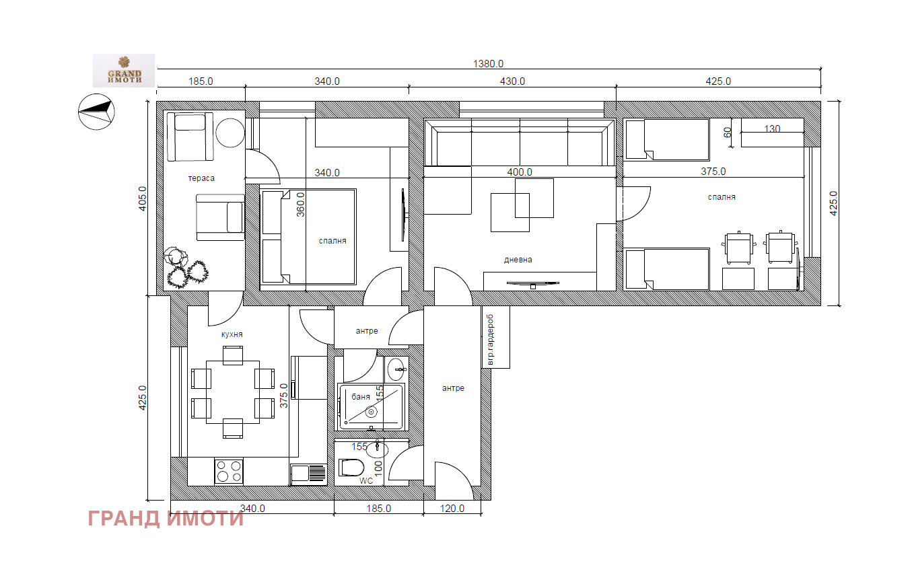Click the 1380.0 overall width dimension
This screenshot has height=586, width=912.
pyautogui.click(x=488, y=64)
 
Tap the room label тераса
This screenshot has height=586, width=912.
pyautogui.click(x=201, y=178)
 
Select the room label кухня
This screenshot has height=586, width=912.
pyautogui.click(x=232, y=334)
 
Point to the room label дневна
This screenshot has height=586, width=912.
pyautogui.click(x=518, y=260)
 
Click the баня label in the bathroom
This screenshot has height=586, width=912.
pyautogui.click(x=361, y=397)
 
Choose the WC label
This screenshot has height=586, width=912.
pyautogui.click(x=366, y=481)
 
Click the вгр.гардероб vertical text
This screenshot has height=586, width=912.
pyautogui.click(x=490, y=339)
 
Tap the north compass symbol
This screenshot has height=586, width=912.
pyautogui.click(x=96, y=112)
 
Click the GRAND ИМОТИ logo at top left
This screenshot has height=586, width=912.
pyautogui.click(x=124, y=71)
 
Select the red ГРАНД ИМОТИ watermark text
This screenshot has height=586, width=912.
pyautogui.click(x=166, y=519)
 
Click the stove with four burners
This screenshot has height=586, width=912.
pyautogui.click(x=229, y=471)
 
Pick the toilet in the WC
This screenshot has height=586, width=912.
pyautogui.click(x=351, y=468)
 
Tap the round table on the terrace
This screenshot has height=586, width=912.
pyautogui.click(x=230, y=133)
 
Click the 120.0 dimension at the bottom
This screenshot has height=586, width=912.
pyautogui.click(x=452, y=509)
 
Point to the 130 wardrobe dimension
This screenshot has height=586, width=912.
pyautogui.click(x=772, y=129)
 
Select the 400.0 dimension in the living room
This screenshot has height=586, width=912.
pyautogui.click(x=520, y=172)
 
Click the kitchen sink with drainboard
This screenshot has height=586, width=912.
pyautogui.click(x=309, y=474)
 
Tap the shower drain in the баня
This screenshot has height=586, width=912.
pyautogui.click(x=372, y=412)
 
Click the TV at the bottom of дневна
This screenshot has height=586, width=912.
pyautogui.click(x=532, y=284)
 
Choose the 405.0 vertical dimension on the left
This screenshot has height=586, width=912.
pyautogui.click(x=142, y=198)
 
